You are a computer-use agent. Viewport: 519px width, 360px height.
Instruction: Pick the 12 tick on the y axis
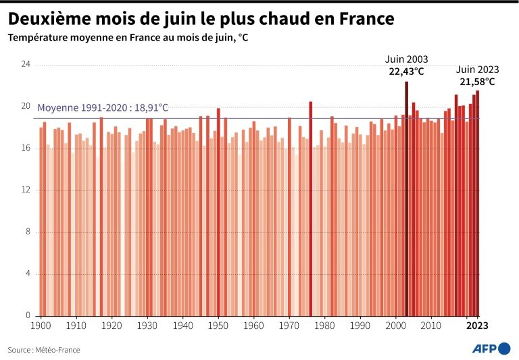point(26,190)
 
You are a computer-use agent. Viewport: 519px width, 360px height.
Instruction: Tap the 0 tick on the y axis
point(28,315)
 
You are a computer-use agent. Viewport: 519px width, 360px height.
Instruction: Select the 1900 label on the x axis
point(41,326)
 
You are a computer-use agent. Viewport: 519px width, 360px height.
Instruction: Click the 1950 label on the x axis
point(218,326)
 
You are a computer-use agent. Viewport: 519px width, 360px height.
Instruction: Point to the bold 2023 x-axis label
point(477,326)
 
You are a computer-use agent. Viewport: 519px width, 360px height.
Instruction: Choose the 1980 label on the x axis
point(324,326)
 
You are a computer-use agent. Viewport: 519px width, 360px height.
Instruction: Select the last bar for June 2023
point(477,203)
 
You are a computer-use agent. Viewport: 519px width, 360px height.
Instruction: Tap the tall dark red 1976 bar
point(310,209)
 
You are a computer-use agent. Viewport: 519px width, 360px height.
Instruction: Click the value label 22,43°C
point(406,71)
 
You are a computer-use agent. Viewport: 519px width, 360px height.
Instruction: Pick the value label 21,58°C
point(477,82)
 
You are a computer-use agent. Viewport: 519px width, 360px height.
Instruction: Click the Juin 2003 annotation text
point(406,59)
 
